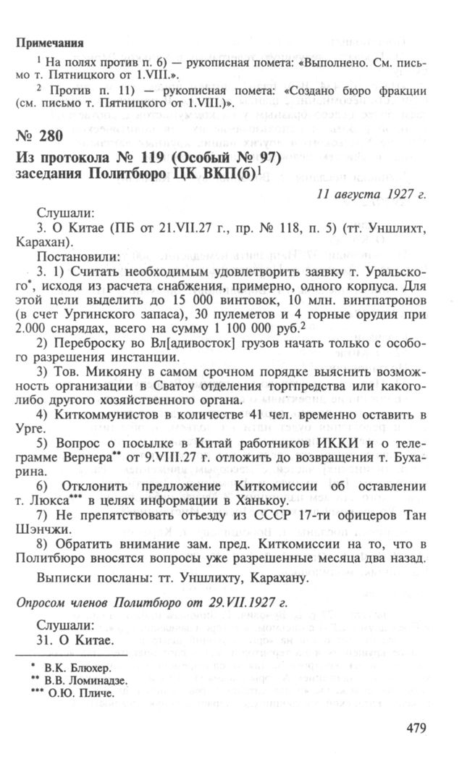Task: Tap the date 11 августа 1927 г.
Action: [371, 194]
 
